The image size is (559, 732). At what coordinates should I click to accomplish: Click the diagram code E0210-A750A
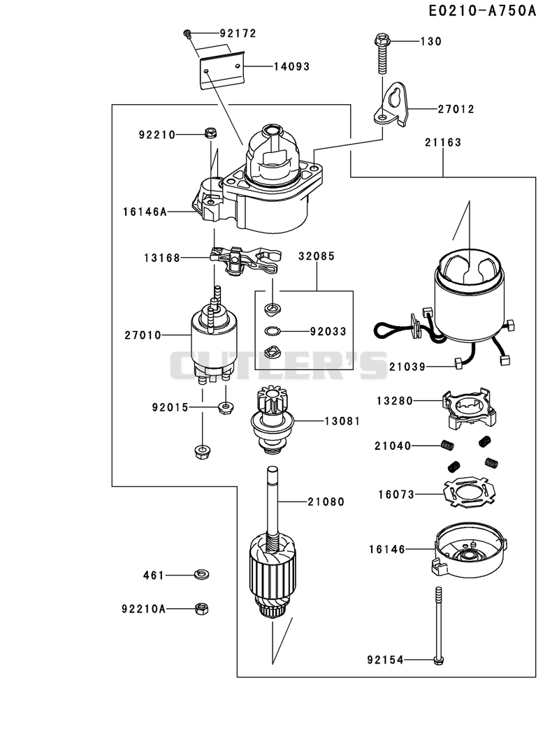[482, 10]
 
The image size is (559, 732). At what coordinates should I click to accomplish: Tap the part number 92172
[238, 33]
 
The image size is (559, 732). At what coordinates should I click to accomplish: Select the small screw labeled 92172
[187, 33]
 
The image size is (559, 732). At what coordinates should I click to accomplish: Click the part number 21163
[443, 142]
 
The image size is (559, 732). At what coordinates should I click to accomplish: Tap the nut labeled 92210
[210, 133]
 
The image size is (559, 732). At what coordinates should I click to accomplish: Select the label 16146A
[145, 212]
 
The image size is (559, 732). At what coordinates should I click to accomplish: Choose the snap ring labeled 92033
[271, 331]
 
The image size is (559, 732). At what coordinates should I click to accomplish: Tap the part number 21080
[326, 502]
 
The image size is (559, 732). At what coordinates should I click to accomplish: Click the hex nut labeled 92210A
[201, 609]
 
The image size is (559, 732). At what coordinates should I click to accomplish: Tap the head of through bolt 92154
[438, 660]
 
